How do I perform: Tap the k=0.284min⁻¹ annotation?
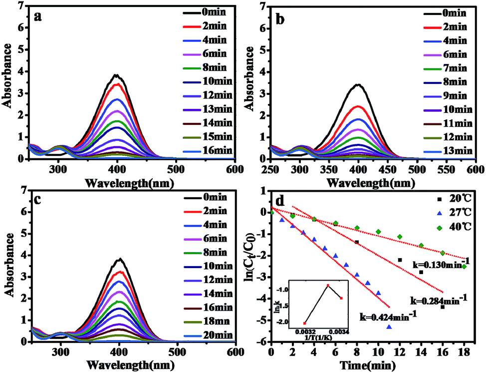439,300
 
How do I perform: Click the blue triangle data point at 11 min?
389,327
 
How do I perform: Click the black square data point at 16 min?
443,307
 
